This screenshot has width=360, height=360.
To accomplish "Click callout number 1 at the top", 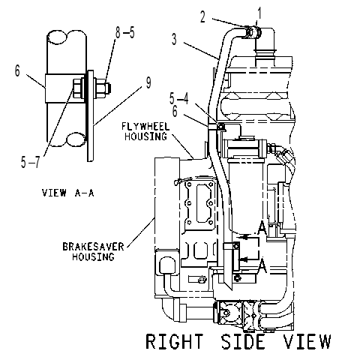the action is coord(259,13).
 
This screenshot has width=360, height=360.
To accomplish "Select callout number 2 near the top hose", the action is coord(202,17).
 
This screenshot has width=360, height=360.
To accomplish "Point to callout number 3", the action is coord(174,39).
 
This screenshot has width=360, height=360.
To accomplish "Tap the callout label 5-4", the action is coord(178,99).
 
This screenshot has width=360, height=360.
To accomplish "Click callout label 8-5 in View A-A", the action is coord(125,32).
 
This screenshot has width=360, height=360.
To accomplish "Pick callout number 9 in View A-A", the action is coord(148,82).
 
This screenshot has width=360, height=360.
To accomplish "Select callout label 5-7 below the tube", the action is coord(31,162).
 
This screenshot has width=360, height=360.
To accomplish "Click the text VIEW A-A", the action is coord(67,193).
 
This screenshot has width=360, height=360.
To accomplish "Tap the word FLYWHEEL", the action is coord(145,126).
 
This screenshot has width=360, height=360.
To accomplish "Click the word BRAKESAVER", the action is coord(93,247).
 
